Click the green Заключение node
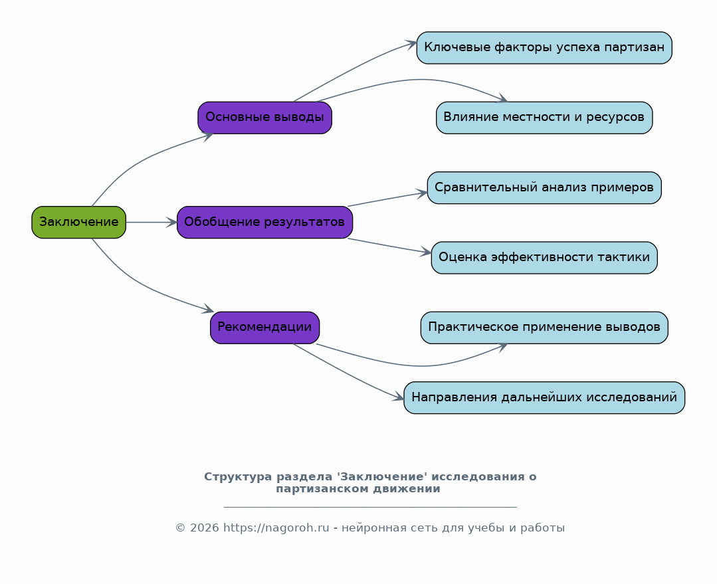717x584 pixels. click(x=78, y=223)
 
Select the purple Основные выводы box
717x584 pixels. click(x=264, y=118)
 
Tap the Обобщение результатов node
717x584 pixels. click(x=264, y=223)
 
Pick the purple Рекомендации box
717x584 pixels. click(x=264, y=328)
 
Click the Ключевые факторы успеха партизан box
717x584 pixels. click(x=544, y=48)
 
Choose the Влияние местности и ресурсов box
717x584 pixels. click(x=544, y=118)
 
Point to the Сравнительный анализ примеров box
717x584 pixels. click(x=544, y=187)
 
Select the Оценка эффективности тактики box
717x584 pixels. click(x=544, y=258)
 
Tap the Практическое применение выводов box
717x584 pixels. click(x=544, y=328)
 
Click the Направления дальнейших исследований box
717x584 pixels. click(x=544, y=397)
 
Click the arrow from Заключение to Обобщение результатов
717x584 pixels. click(x=152, y=223)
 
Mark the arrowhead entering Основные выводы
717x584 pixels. click(x=208, y=136)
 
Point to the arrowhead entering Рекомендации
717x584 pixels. click(x=208, y=309)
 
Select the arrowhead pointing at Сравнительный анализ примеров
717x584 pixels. click(x=421, y=193)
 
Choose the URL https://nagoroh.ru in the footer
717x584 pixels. click(x=276, y=528)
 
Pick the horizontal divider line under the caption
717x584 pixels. click(x=370, y=507)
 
